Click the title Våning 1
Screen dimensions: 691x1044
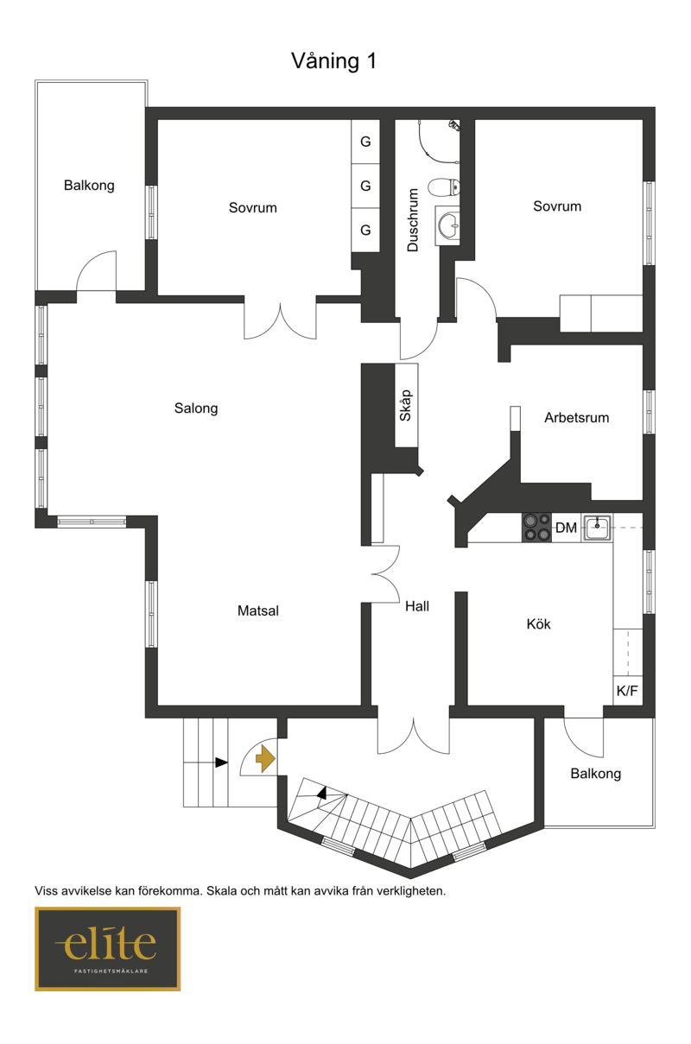(334, 61)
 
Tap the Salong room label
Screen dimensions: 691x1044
(196, 408)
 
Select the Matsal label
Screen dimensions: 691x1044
(258, 611)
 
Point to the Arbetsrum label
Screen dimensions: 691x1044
(577, 418)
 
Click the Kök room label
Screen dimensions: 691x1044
(538, 624)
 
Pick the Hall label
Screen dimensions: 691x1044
(417, 606)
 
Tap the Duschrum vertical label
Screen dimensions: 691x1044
(413, 220)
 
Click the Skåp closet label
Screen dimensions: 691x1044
(406, 406)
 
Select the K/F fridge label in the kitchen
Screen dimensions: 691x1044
(627, 691)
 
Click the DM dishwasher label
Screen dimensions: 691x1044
(566, 528)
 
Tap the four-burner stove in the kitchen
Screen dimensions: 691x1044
(536, 528)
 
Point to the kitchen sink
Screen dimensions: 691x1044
(597, 528)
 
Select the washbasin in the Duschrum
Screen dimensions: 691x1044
(447, 225)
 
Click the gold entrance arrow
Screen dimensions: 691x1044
(265, 759)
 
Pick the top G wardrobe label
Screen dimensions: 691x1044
(365, 142)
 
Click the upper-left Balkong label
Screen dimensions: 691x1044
(89, 186)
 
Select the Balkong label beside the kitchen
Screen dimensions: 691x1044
(595, 774)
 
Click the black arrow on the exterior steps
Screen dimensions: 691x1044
(221, 762)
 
